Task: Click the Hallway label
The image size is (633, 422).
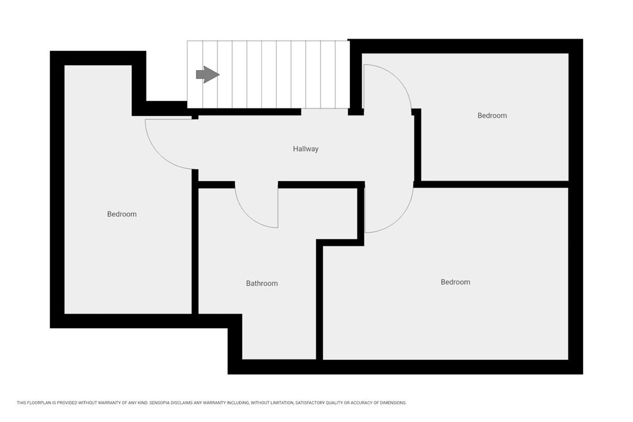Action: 305,149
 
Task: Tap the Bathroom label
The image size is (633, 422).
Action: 262,284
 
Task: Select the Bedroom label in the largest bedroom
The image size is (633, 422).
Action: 455,282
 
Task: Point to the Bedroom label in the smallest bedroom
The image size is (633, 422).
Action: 492,115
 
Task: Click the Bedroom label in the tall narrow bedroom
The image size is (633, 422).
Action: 122,214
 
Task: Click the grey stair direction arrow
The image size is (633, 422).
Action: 207,74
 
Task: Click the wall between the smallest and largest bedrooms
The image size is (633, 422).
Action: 491,184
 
